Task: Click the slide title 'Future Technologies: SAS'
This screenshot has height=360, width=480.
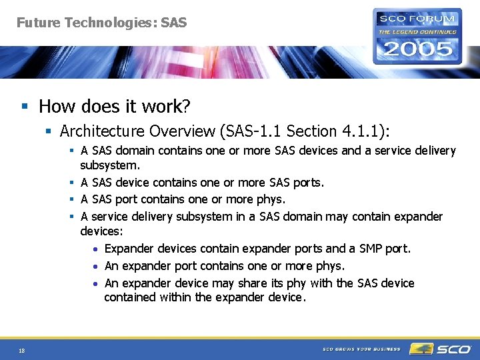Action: coord(101,23)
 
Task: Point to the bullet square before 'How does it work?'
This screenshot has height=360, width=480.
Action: coord(25,107)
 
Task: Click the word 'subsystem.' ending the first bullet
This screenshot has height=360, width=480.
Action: coord(110,165)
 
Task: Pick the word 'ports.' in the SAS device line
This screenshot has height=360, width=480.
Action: coord(308,182)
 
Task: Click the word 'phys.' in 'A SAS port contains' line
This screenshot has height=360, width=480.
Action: coord(270,199)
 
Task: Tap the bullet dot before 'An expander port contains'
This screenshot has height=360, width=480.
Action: coord(97,267)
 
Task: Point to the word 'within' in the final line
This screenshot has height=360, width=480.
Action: coord(175,297)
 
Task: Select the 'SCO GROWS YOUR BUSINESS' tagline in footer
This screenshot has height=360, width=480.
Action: coord(361,349)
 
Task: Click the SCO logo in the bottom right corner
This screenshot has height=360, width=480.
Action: coord(440,349)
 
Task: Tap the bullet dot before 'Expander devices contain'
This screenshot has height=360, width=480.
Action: coord(97,249)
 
